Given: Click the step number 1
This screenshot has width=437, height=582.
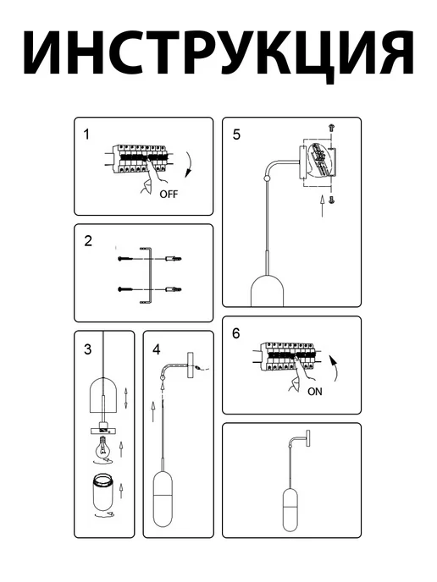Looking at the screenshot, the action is [86, 135].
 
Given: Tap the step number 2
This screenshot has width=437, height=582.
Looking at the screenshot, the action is [88, 241].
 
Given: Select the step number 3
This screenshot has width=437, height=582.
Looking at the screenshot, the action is [88, 349].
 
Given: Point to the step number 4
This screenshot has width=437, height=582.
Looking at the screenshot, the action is [157, 349].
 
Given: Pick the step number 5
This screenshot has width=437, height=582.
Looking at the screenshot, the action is [237, 135].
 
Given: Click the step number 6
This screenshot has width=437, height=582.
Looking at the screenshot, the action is [236, 333].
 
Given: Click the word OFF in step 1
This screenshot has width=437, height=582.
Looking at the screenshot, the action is [169, 194].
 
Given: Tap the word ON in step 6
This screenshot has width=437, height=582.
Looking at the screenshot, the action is [315, 392].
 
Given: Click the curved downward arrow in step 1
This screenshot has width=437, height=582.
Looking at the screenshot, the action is [191, 164].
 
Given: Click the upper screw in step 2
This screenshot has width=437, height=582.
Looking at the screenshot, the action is [126, 258].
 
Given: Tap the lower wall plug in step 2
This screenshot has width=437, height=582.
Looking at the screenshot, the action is [174, 289].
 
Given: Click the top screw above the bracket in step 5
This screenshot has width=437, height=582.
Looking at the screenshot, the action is [331, 128].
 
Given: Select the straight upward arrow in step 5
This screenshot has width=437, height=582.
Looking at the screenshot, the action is [323, 206].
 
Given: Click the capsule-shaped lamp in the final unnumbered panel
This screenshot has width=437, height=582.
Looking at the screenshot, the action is [290, 510].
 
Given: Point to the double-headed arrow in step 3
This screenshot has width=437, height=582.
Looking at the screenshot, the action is [126, 398].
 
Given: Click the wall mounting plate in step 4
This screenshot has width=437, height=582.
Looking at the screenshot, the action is [191, 366].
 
